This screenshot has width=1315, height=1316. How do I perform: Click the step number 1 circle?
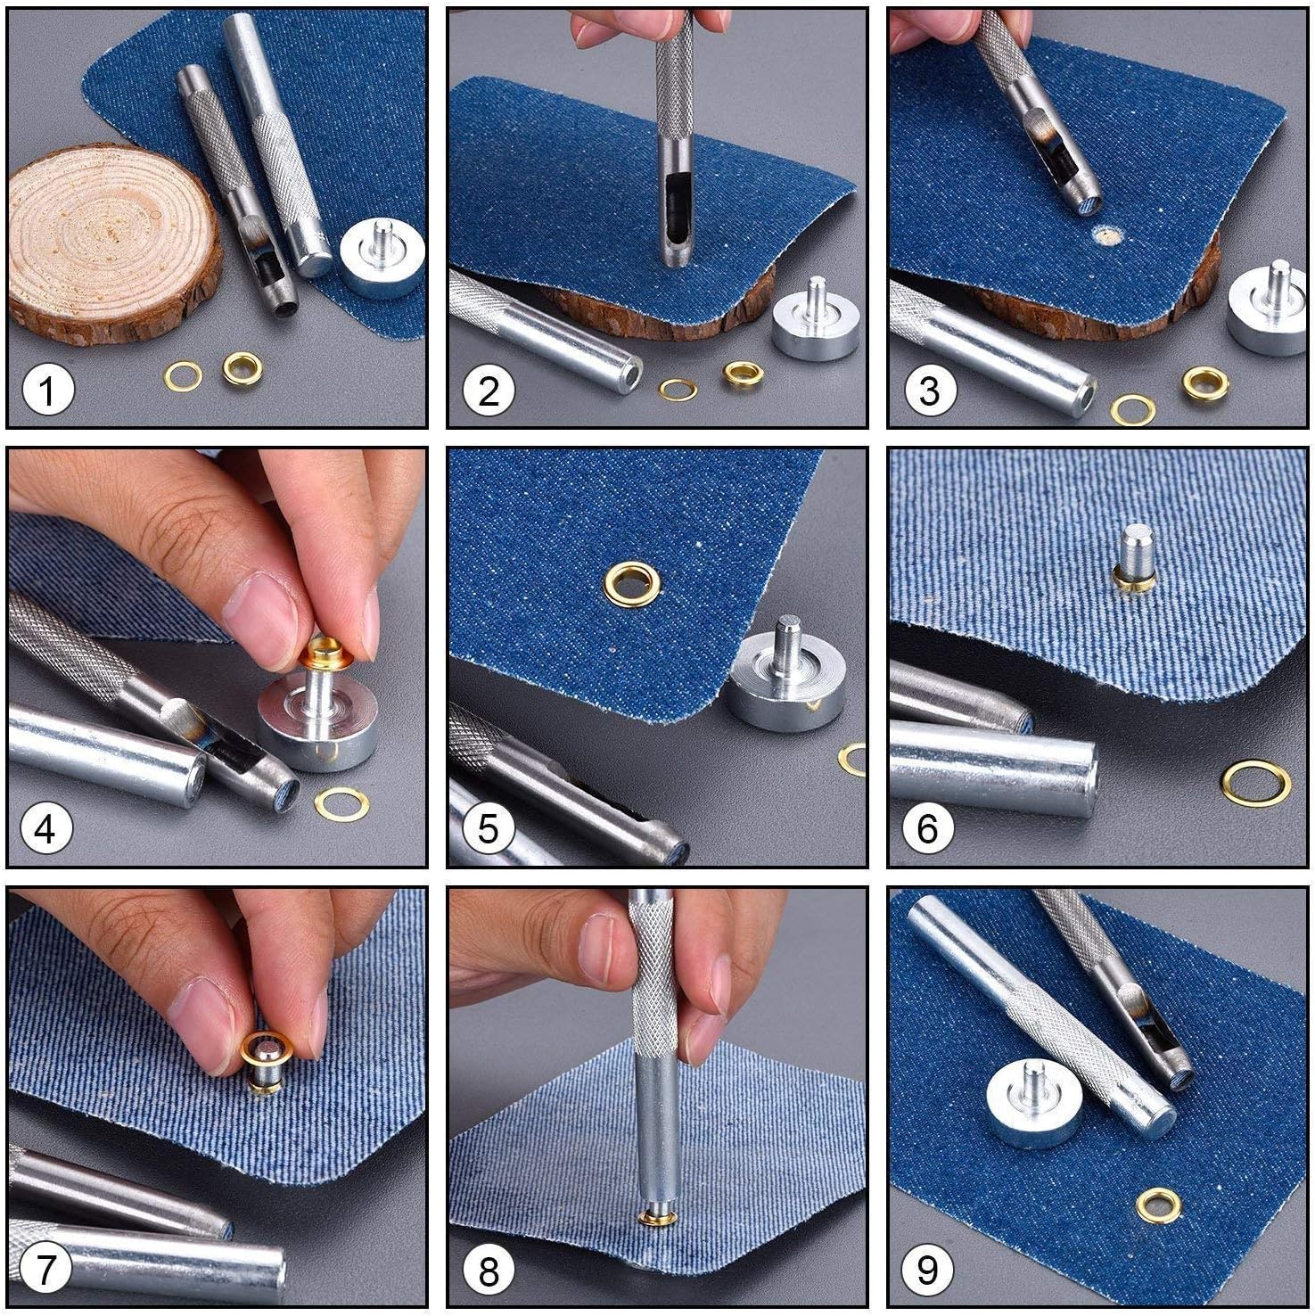click(x=48, y=391)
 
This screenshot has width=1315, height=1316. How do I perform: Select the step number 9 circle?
click(x=928, y=1270)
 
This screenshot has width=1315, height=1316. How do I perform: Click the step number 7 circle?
click(x=48, y=1270)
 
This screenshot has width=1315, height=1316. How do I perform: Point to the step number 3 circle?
click(x=928, y=391)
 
